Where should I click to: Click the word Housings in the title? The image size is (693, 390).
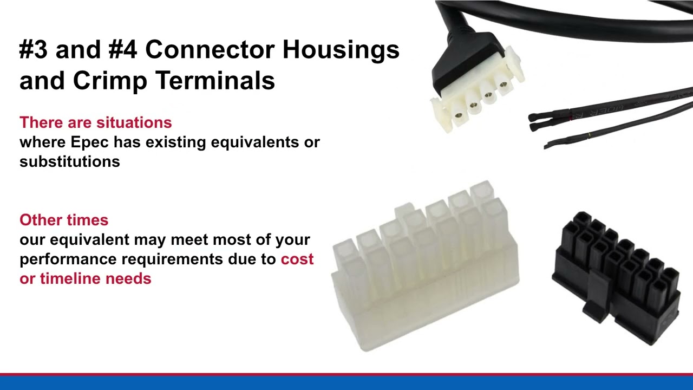[341, 50]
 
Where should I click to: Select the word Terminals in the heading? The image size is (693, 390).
[215, 81]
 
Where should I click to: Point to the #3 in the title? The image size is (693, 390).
[34, 50]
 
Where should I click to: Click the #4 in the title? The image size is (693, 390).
[122, 50]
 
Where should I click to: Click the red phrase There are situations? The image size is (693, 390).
[96, 122]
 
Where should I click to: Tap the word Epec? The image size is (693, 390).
[90, 142]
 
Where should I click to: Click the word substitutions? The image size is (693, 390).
[70, 161]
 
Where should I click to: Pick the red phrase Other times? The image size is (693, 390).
[64, 220]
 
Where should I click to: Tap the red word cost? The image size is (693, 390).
[297, 259]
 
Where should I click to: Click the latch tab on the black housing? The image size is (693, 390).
[596, 298]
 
